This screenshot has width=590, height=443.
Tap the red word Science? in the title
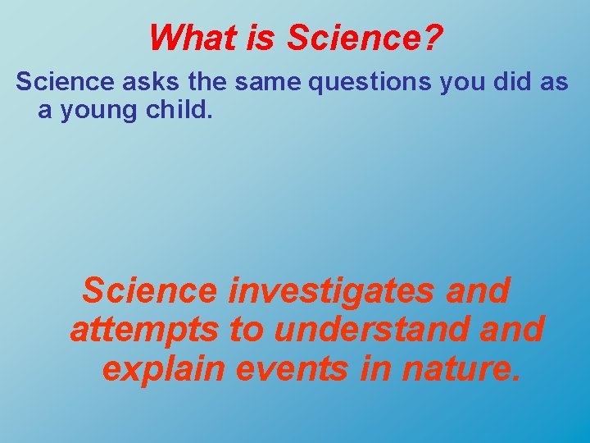click(x=365, y=36)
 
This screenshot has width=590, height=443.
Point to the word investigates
click(x=335, y=290)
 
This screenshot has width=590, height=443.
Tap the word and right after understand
click(x=513, y=329)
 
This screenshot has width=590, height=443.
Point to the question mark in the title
click(x=433, y=36)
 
